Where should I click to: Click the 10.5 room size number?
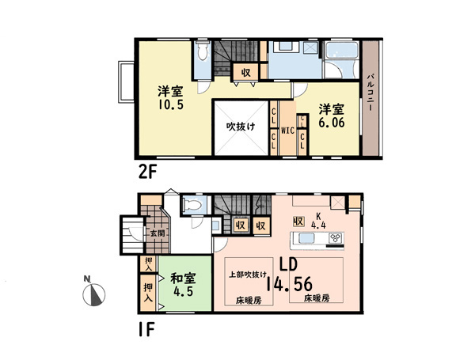pos(170,104)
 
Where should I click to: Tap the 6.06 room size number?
pos(332,123)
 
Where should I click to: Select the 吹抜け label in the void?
pos(241,127)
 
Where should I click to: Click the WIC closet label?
pos(287,131)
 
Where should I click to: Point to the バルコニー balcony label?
pos(370,93)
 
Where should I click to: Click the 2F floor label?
pos(147,173)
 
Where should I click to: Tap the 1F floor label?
pos(146,329)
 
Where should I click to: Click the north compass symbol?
pos(94,294)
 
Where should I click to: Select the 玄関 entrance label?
pos(158,233)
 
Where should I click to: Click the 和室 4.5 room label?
pos(184,285)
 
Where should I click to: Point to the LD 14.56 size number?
pos(289,284)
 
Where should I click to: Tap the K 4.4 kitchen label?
pos(318,221)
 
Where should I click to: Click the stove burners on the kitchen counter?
pos(336,237)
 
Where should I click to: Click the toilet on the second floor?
pos(203,51)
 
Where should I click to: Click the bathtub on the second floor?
pos(340,49)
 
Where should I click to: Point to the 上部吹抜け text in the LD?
pos(248,275)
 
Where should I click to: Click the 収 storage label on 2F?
pos(246,73)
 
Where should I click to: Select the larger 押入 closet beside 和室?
pos(148,292)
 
